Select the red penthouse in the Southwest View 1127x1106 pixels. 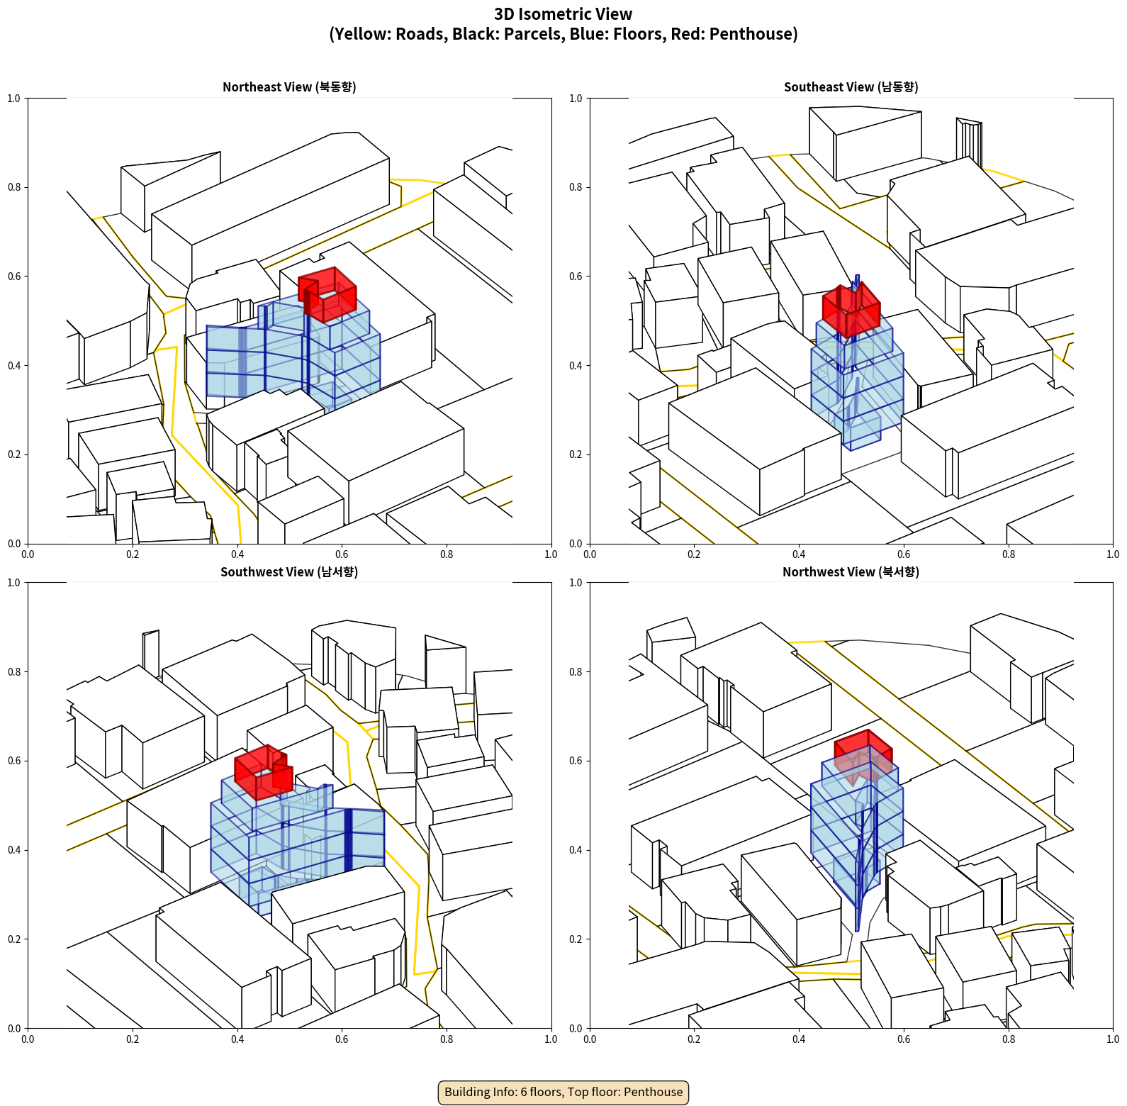pos(264,773)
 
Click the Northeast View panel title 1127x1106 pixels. pos(289,87)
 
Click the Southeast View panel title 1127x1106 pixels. pos(851,87)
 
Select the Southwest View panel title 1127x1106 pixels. pos(289,572)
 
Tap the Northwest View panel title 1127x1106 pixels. pos(851,572)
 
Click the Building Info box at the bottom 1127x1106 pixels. pos(563,1092)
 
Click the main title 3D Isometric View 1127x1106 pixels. pos(563,14)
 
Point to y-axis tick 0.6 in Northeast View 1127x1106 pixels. pos(14,276)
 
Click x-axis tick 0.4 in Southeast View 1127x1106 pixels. pos(799,554)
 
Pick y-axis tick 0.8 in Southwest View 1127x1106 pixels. pos(14,672)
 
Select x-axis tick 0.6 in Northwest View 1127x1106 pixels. pos(904,1039)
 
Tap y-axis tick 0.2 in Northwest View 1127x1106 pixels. pos(576,939)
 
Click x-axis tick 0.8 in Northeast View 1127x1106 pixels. pos(447,554)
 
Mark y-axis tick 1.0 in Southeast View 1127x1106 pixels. pos(576,99)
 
